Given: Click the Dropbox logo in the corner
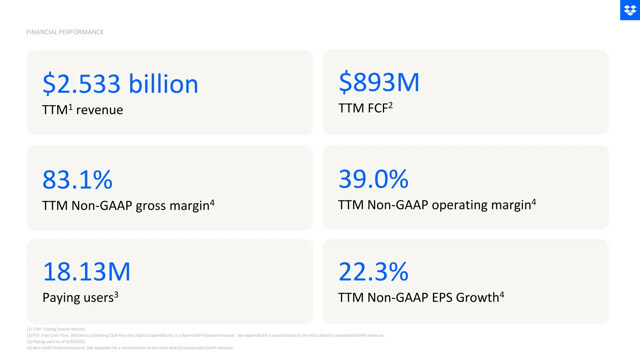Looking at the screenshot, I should point(630,10).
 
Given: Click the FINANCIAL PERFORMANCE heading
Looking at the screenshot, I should point(65,32).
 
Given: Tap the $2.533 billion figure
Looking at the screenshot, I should point(120,84).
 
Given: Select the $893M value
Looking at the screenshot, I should point(379,82).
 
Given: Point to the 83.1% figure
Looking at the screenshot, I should point(77,180).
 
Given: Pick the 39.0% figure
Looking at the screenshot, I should point(373,179).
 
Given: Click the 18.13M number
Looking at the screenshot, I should point(87,272).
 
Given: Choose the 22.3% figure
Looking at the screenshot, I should point(373,272).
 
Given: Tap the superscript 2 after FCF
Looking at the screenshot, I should point(390,105).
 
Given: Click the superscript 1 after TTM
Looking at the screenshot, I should point(71,107).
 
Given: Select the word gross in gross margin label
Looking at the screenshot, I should point(151,206).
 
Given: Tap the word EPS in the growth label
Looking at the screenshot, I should point(442,298).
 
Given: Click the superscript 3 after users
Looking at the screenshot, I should point(116,294).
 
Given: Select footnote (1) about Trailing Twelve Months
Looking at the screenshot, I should point(56,329).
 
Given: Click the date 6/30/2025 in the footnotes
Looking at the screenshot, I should point(75,342).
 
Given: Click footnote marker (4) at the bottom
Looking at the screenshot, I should point(29,348).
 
